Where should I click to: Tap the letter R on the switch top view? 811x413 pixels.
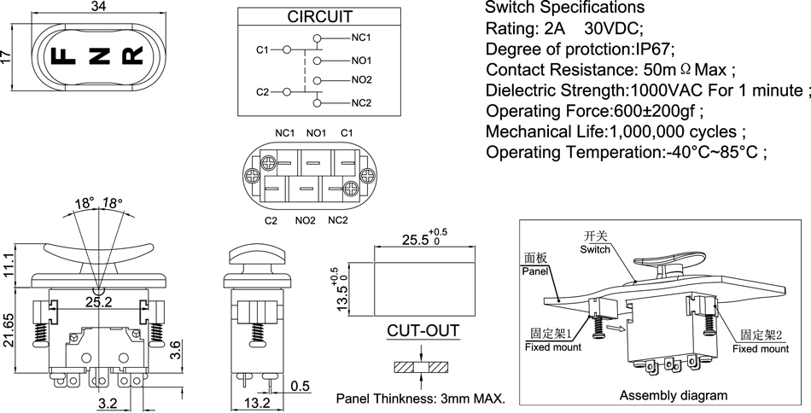tap(133, 57)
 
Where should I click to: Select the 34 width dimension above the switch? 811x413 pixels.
tap(98, 7)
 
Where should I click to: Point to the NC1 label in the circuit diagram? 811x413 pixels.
tap(361, 38)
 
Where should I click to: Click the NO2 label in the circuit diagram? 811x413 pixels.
tap(362, 80)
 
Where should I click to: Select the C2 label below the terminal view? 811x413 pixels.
tap(271, 221)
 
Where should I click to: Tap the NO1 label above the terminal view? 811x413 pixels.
tap(316, 133)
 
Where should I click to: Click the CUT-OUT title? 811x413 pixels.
tap(423, 331)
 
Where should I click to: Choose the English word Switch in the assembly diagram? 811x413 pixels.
tap(595, 249)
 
